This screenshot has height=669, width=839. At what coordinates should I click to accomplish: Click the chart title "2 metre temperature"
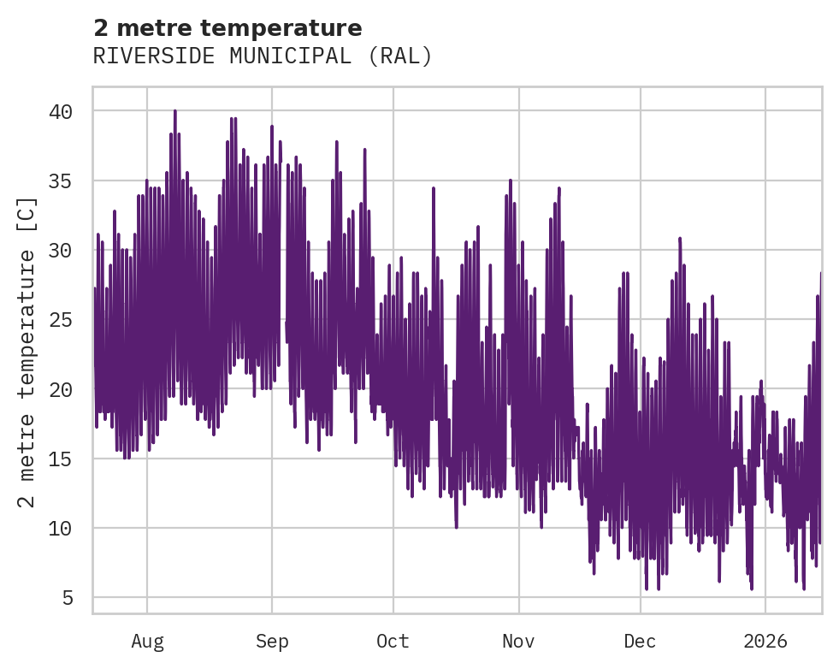227,28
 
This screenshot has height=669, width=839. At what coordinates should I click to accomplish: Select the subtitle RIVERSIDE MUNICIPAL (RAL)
263,56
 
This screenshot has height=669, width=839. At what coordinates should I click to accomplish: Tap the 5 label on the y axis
68,597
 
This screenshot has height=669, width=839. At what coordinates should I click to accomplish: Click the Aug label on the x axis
147,642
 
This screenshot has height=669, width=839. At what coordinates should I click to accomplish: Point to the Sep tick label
272,642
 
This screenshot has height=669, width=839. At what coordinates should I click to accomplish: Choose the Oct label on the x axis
393,642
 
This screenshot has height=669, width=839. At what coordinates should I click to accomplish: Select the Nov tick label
519,642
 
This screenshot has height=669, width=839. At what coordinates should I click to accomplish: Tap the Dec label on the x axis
640,642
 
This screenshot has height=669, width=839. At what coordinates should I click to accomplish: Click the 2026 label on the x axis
765,642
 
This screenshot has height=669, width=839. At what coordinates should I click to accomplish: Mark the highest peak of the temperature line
174,111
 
